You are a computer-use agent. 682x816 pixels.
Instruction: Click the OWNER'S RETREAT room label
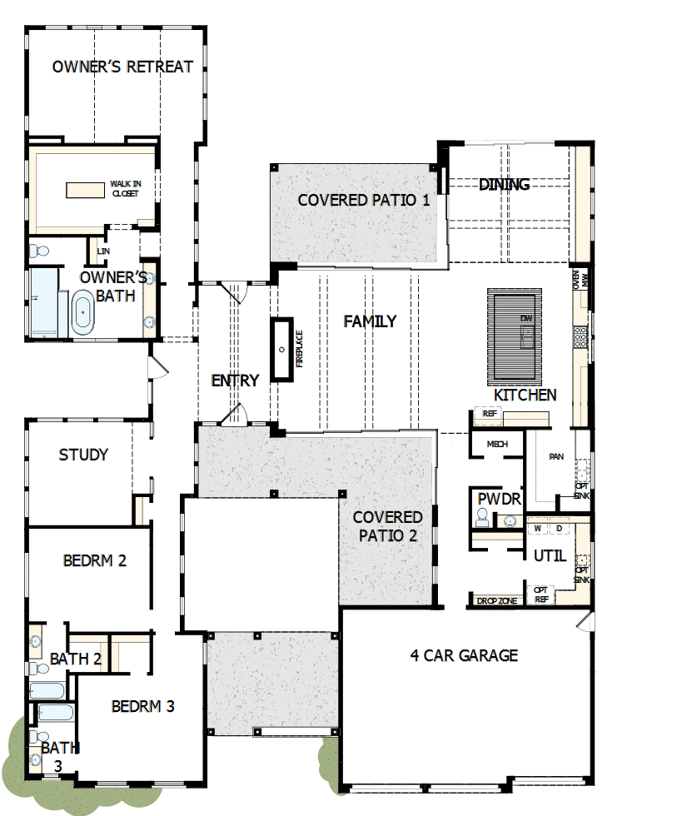click(122, 67)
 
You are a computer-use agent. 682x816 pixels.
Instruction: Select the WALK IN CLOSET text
click(124, 188)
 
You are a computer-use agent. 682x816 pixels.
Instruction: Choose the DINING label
click(505, 184)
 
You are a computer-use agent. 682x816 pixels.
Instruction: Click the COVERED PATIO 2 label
click(388, 526)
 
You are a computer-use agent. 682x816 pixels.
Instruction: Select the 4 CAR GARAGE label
click(464, 655)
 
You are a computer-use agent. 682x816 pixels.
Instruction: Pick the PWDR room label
click(499, 500)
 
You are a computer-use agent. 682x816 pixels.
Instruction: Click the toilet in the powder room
click(482, 518)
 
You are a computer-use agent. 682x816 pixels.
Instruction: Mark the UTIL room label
click(548, 555)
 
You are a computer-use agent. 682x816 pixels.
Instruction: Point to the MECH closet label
click(497, 445)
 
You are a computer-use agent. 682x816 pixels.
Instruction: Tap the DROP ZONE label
click(498, 600)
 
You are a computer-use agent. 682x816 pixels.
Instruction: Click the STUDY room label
click(83, 455)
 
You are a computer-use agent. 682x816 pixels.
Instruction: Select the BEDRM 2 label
click(94, 560)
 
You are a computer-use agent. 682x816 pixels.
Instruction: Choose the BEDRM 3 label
click(143, 706)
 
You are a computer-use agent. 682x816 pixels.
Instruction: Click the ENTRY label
click(235, 381)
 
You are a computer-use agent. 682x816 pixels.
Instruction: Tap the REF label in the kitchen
click(490, 413)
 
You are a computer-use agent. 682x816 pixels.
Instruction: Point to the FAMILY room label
click(370, 321)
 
